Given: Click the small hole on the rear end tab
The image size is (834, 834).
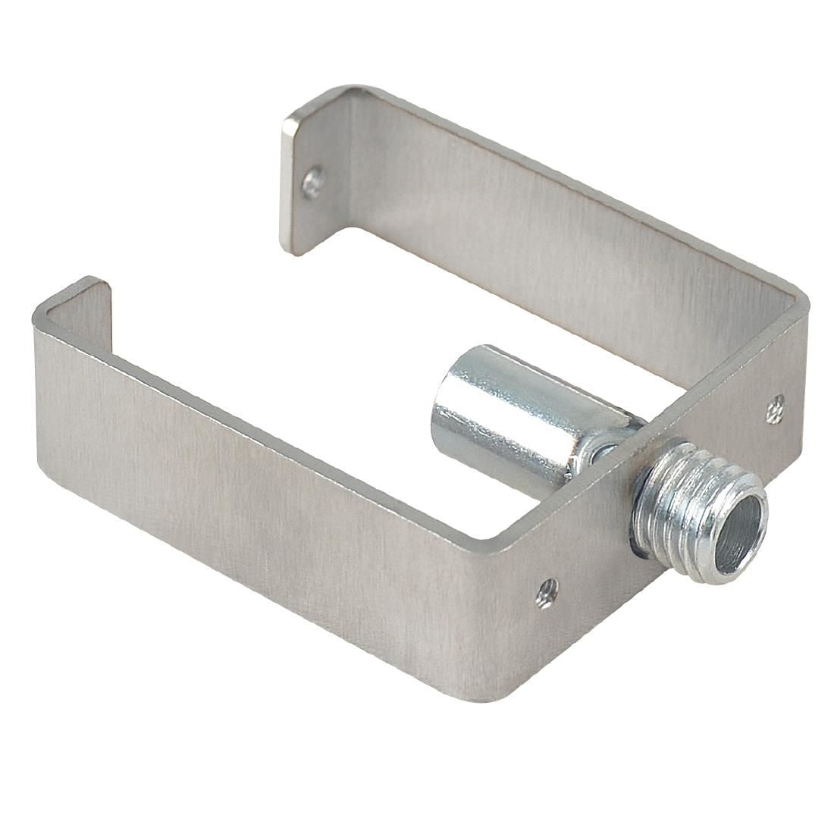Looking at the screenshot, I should tap(312, 182).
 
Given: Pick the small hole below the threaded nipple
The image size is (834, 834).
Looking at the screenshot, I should tap(545, 591).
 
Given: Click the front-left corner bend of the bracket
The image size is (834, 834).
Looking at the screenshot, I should tap(42, 318).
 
